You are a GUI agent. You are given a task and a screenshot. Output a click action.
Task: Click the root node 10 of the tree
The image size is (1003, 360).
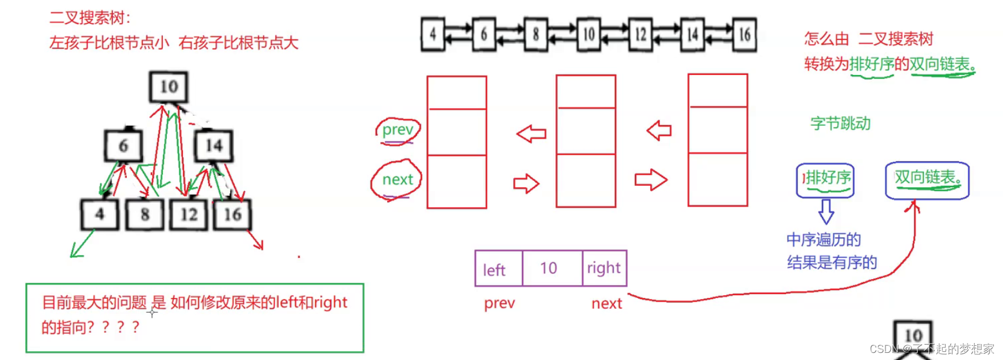[x=169, y=87]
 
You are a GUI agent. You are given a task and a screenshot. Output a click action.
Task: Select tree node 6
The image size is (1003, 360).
[x=123, y=146]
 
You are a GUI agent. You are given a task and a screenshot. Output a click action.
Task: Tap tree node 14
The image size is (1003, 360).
[x=214, y=146]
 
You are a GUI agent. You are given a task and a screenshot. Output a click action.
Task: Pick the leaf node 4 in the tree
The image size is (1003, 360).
[x=100, y=214]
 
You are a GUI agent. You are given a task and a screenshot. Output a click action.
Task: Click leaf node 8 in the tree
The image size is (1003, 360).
[x=145, y=214]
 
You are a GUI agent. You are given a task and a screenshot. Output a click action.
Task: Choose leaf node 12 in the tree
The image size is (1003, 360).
[x=189, y=214]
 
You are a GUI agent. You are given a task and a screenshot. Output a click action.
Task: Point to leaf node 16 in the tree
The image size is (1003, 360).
[x=232, y=214]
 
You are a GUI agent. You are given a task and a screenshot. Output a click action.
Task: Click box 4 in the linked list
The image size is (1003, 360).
[x=432, y=34]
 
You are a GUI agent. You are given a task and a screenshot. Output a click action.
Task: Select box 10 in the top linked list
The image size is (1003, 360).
[x=588, y=34]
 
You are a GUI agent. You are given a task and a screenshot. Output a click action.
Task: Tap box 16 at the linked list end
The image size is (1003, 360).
[x=745, y=34]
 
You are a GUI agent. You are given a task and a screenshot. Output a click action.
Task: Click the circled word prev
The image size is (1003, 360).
[x=398, y=130]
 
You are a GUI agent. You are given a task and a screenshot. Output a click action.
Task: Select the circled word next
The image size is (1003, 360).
[x=397, y=179]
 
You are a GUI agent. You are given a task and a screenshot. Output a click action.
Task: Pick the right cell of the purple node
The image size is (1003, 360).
[x=604, y=268]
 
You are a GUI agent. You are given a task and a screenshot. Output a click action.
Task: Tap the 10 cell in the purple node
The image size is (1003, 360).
[x=549, y=269]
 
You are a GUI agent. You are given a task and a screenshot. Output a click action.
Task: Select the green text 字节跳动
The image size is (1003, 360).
[x=840, y=123]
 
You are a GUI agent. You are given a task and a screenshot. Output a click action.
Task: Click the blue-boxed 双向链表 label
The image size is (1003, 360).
[x=927, y=178]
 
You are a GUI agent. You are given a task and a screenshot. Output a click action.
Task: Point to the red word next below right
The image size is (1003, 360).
[x=607, y=303]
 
